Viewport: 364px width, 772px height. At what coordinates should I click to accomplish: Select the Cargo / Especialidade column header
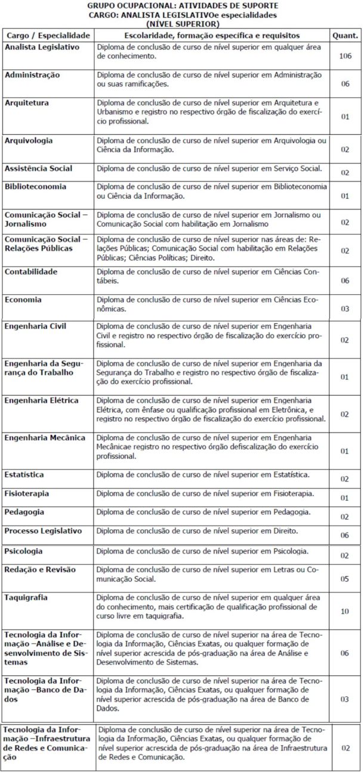pos(47,36)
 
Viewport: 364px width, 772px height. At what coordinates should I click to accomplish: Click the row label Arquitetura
pos(27,103)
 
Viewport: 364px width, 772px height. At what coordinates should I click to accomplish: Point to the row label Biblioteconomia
pos(35,186)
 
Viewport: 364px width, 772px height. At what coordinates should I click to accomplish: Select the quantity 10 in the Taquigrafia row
pos(344,612)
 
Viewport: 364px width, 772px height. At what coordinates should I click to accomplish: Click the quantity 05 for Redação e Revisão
pos(344,579)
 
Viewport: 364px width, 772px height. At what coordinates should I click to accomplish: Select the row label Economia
pos(23,299)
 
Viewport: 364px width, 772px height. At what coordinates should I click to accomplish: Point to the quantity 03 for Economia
pos(344,309)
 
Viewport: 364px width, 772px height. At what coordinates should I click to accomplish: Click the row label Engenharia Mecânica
pos(45,437)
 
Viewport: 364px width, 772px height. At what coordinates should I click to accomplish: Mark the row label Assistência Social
pos(38,168)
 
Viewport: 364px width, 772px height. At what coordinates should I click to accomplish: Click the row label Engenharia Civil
pos(35,326)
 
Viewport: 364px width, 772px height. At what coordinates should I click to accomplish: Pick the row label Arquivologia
pos(29,140)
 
